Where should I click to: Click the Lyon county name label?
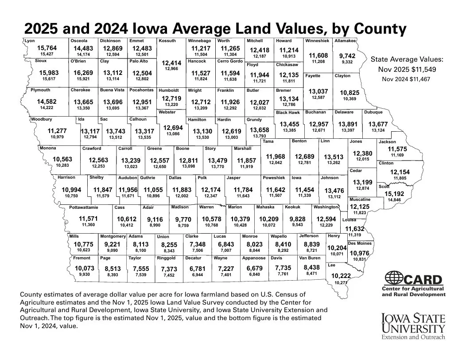[30, 41]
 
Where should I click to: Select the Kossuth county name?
[167, 41]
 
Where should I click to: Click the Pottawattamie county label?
[84, 207]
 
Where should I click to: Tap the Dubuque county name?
[374, 112]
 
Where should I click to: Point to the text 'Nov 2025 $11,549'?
[407, 70]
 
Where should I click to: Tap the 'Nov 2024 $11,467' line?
[407, 79]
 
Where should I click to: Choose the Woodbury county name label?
[42, 119]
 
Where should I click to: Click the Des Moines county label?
[360, 243]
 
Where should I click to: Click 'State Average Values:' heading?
[407, 59]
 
